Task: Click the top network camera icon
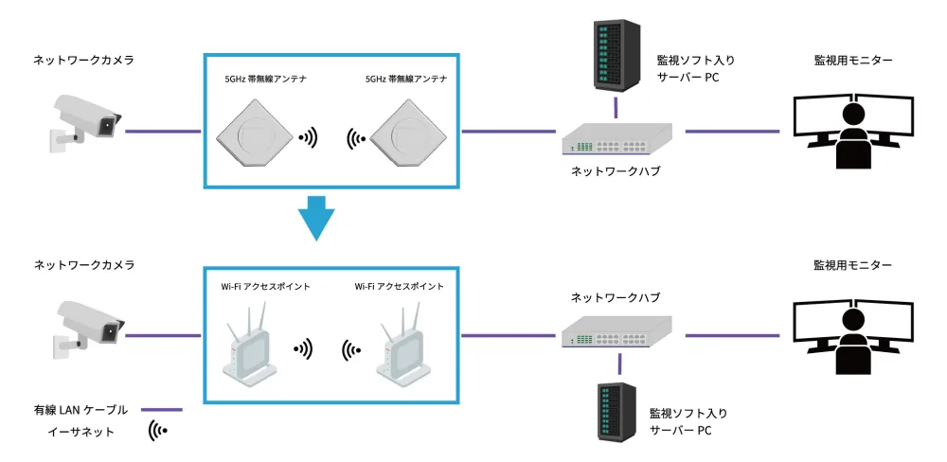pos(85,120)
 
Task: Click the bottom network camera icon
pos(85,327)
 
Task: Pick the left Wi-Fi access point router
pos(249,349)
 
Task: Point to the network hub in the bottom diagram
pos(616,332)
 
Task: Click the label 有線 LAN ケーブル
pos(80,409)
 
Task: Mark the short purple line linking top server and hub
pos(616,107)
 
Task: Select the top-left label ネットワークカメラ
pos(83,60)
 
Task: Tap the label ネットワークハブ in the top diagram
pos(616,171)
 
